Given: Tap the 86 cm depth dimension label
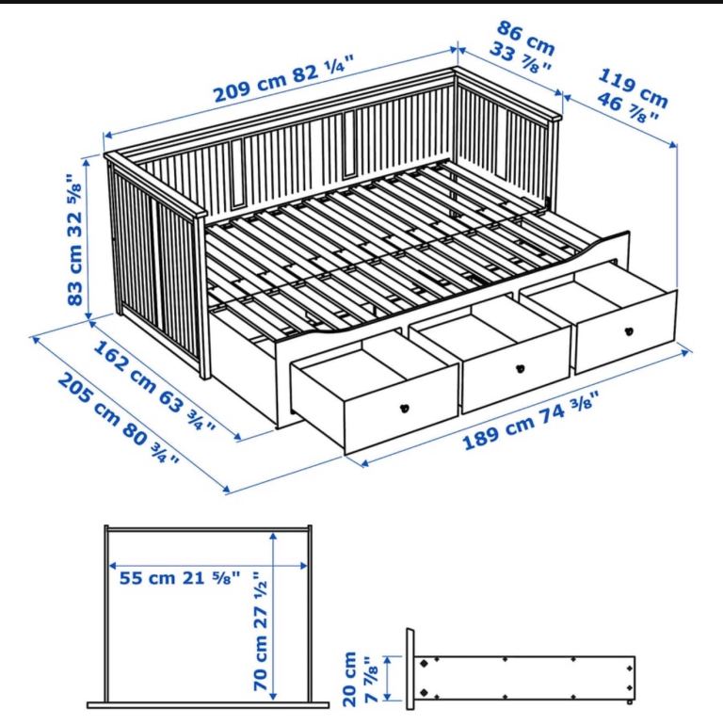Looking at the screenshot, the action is click(526, 37).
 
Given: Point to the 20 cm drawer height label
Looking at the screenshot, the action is click(350, 678).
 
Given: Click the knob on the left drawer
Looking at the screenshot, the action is click(405, 408).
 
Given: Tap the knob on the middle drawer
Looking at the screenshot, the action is click(521, 368).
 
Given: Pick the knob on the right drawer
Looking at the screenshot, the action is click(628, 331).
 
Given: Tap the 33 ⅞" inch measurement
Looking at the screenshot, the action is click(520, 56).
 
